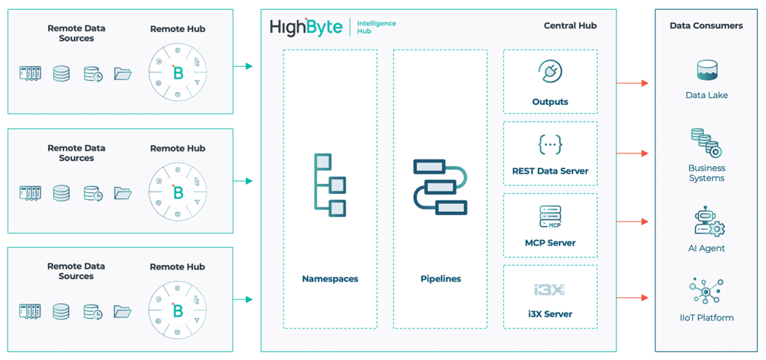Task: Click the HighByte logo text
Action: pyautogui.click(x=306, y=28)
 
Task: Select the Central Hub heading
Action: pyautogui.click(x=570, y=26)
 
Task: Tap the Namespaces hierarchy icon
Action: pyautogui.click(x=330, y=185)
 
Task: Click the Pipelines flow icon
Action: pyautogui.click(x=440, y=186)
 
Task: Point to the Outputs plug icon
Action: pyautogui.click(x=550, y=73)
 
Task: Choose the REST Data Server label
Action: pyautogui.click(x=550, y=171)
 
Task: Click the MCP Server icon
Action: pyautogui.click(x=550, y=217)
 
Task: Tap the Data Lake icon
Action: pyautogui.click(x=706, y=71)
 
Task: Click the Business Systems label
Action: pyautogui.click(x=706, y=173)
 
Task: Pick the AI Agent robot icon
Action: pyautogui.click(x=708, y=222)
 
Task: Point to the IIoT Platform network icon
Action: pyautogui.click(x=706, y=291)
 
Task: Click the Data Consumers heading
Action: pyautogui.click(x=706, y=25)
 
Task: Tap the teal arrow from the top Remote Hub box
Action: pyautogui.click(x=243, y=67)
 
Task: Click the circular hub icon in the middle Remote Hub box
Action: pyautogui.click(x=178, y=192)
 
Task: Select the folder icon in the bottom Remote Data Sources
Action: pyautogui.click(x=123, y=311)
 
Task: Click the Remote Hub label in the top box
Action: pyautogui.click(x=177, y=29)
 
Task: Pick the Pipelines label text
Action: pyautogui.click(x=440, y=279)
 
